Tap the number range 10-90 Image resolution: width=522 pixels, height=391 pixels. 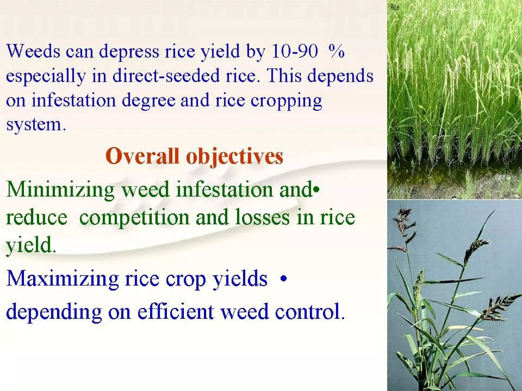click(x=295, y=51)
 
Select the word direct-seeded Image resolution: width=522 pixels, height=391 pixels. click(x=166, y=76)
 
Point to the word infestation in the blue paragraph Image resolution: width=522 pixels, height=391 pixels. click(x=74, y=100)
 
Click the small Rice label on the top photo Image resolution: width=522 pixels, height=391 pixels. click(x=394, y=7)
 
